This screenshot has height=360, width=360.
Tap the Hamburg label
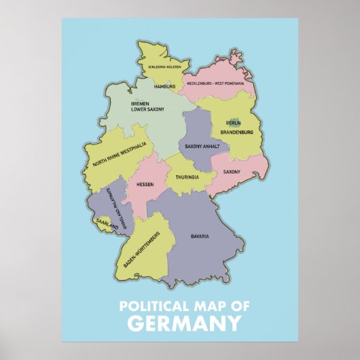pyautogui.click(x=165, y=86)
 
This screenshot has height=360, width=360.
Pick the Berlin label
pyautogui.click(x=234, y=123)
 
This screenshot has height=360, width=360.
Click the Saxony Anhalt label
pyautogui.click(x=201, y=146)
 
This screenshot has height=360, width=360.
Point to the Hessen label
pyautogui.click(x=145, y=184)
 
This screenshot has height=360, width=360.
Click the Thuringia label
pyautogui.click(x=187, y=177)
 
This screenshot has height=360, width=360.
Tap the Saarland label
pyautogui.click(x=107, y=223)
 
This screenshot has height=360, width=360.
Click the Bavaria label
pyautogui.click(x=199, y=236)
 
